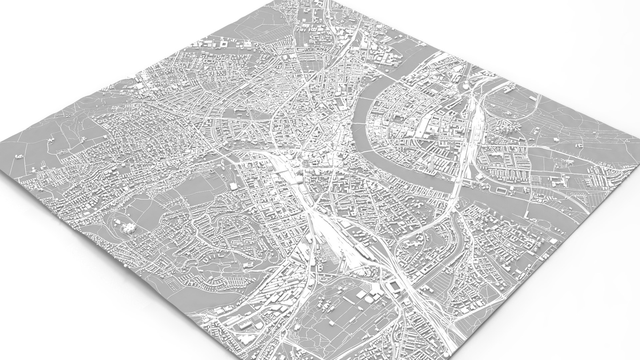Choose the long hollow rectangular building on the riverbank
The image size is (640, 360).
pyautogui.click(x=500, y=190)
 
